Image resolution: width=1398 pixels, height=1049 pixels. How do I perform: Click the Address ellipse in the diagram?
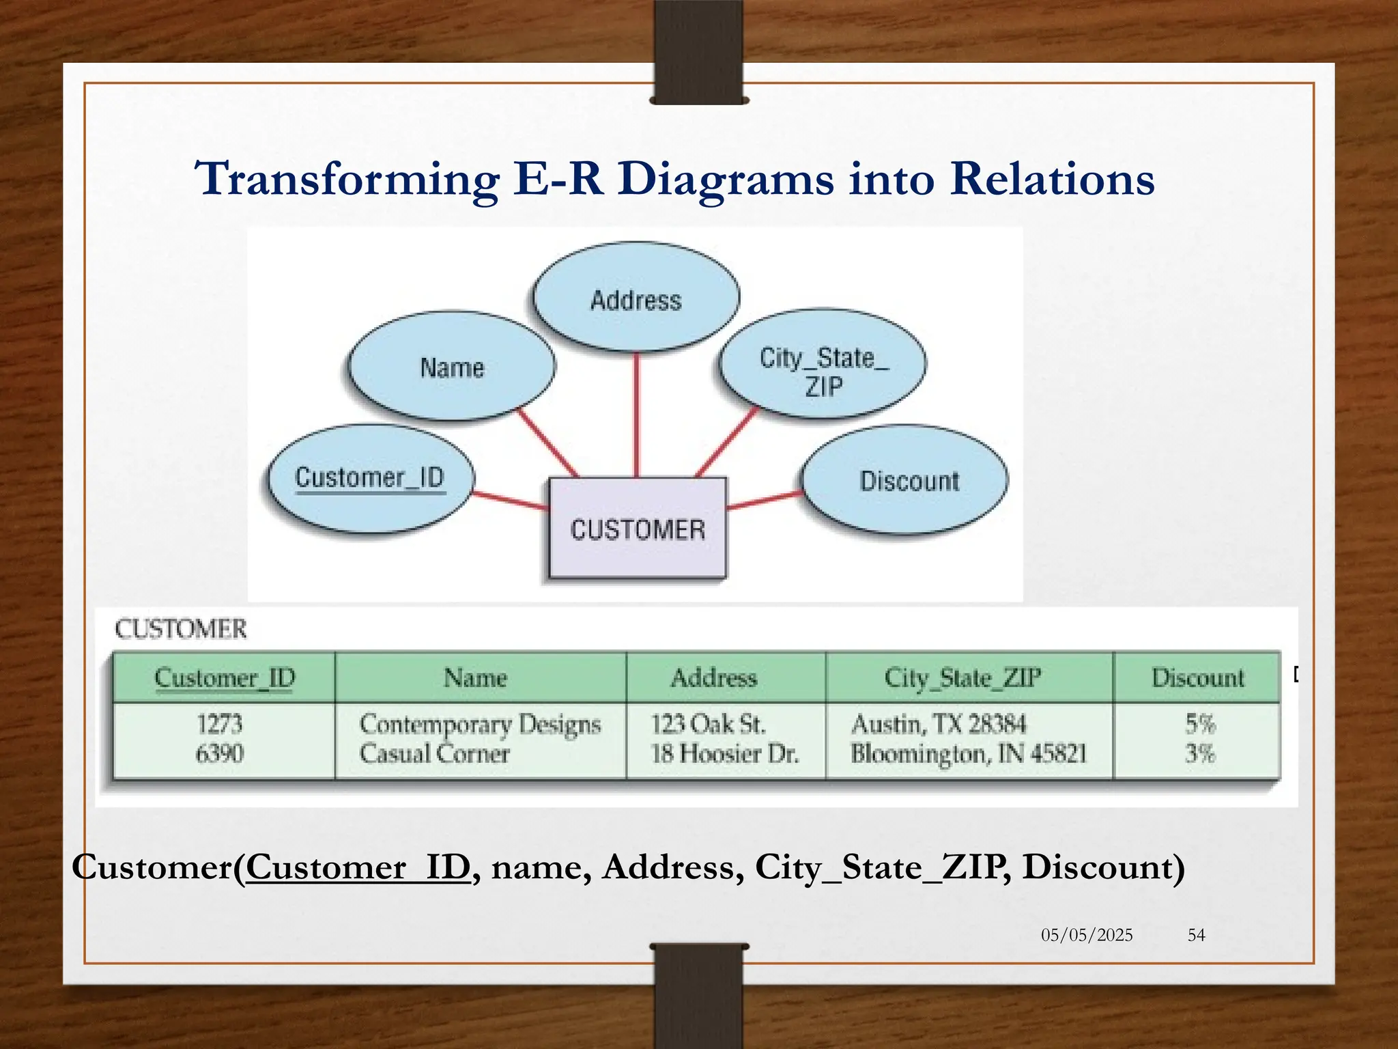coord(636,298)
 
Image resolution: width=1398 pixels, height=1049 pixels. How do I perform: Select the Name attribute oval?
coord(451,367)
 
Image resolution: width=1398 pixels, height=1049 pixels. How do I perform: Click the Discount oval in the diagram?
coord(905,480)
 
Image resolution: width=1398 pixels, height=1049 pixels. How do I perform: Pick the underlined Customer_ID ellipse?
coord(369,478)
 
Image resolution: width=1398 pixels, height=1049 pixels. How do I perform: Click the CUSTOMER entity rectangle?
coord(638,529)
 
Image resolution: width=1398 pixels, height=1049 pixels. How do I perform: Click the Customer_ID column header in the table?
coord(224,678)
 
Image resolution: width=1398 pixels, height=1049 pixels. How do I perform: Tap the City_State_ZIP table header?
coord(962,678)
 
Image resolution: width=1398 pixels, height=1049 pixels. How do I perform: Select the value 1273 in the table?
coord(219,723)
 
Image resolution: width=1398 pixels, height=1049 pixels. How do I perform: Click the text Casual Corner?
coord(434,754)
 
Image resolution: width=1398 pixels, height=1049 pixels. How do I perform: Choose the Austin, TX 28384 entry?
coord(938,723)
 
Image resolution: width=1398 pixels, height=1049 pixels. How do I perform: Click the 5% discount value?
coord(1199,723)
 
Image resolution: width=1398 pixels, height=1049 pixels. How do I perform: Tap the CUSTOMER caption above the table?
coord(180,629)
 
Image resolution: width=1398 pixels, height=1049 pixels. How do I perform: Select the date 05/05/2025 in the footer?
coord(1086,935)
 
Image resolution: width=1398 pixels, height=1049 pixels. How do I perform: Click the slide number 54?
coord(1196,935)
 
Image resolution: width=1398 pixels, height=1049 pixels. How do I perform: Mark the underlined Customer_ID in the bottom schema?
coord(358,867)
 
